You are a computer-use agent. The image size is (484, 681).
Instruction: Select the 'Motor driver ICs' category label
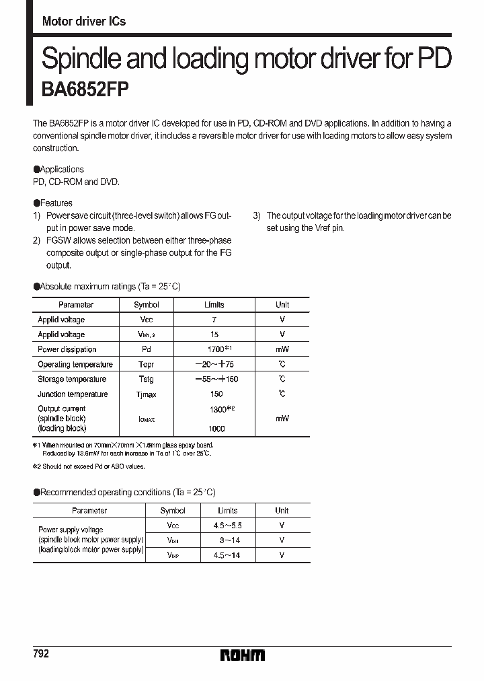click(83, 22)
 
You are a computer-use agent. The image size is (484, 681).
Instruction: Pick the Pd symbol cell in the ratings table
click(147, 349)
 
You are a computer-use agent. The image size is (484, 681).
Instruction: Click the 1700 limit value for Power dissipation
click(214, 349)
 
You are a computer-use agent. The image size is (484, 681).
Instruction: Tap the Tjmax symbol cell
click(147, 394)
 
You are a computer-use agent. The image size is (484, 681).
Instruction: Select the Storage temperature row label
click(72, 380)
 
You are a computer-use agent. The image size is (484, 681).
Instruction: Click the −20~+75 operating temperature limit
click(214, 364)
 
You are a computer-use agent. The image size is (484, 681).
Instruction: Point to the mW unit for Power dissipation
click(282, 349)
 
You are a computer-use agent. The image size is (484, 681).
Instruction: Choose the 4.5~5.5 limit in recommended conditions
click(228, 526)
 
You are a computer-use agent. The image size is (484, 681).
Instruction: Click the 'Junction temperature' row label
click(73, 394)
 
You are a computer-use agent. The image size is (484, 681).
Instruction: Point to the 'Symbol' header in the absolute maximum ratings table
click(147, 305)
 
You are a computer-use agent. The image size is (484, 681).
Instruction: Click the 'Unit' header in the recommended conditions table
click(282, 511)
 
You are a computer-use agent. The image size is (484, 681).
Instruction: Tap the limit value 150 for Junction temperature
click(216, 394)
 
